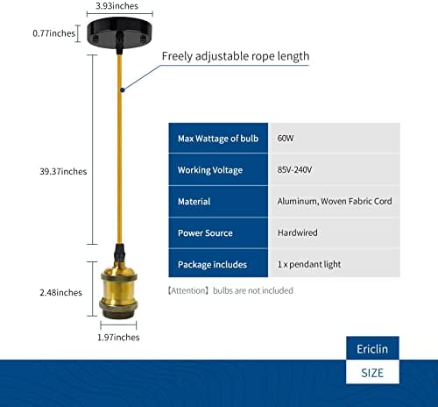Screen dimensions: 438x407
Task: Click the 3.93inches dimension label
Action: point(117,6)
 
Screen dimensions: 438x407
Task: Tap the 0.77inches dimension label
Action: point(54,33)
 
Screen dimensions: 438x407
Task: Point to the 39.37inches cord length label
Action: point(63,171)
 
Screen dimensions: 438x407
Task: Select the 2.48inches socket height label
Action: point(60,292)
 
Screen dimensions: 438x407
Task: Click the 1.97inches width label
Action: point(118,338)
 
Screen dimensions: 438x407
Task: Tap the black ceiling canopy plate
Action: point(119,32)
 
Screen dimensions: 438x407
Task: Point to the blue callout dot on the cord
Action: point(123,89)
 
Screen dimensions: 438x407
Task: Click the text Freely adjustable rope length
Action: point(236,56)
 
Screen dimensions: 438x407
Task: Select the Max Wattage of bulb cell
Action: point(218,138)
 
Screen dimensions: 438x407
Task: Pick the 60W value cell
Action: point(335,138)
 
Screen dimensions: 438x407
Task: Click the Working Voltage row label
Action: point(210,170)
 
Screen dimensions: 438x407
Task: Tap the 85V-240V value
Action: point(294,169)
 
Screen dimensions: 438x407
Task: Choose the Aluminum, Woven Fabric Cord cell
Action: point(335,201)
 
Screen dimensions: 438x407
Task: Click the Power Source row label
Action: point(205,233)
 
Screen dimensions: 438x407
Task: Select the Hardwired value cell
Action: point(335,232)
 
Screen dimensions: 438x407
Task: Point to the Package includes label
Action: point(212,265)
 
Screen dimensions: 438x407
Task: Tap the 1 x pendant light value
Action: point(309,264)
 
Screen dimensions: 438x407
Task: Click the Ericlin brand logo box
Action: point(372,348)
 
